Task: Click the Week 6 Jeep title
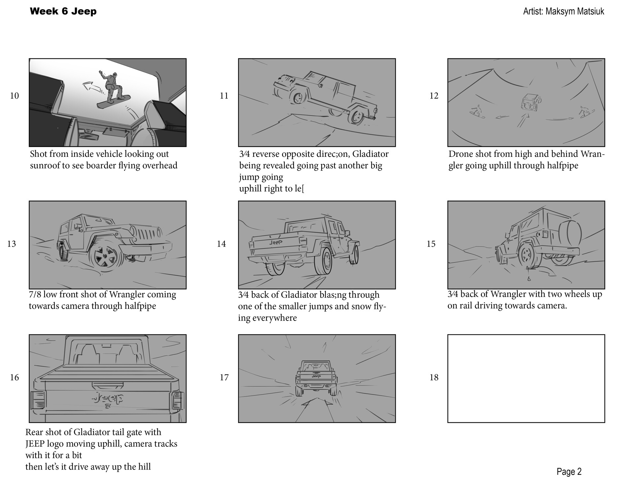click(x=63, y=11)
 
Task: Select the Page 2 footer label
click(x=569, y=472)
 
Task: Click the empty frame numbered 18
click(x=526, y=378)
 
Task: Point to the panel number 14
click(x=221, y=244)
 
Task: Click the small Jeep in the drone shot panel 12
click(x=530, y=102)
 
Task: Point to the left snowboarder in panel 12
click(x=476, y=112)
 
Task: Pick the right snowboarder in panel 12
click(x=585, y=112)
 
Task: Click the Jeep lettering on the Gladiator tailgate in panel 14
click(x=276, y=242)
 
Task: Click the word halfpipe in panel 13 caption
click(x=140, y=306)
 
